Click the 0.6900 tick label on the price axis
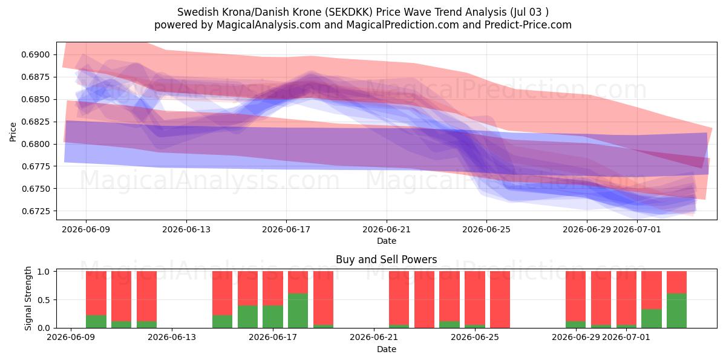click(x=36, y=54)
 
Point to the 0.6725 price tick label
click(x=36, y=211)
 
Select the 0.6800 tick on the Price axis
click(x=36, y=144)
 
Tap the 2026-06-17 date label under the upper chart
click(x=286, y=229)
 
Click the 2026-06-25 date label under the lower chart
click(x=475, y=338)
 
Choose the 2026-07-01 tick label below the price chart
click(x=637, y=229)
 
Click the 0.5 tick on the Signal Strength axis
click(x=44, y=300)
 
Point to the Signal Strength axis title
click(x=28, y=298)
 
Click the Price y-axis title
click(x=13, y=132)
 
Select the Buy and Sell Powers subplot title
click(x=387, y=260)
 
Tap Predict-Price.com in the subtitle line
click(x=528, y=25)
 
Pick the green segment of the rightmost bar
click(x=677, y=311)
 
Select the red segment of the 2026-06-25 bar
click(x=475, y=298)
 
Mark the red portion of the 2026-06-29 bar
click(x=575, y=296)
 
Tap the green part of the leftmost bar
click(x=96, y=321)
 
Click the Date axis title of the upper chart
click(x=387, y=241)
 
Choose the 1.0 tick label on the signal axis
click(x=44, y=272)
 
